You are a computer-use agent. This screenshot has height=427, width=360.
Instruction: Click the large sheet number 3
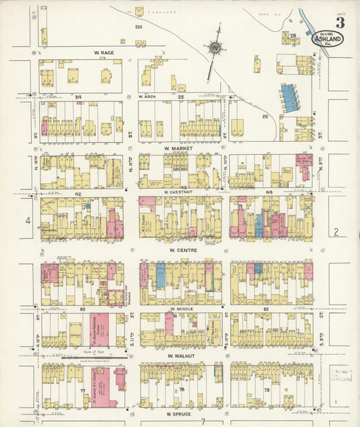(340, 22)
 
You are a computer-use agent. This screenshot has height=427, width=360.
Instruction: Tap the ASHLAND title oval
(326, 39)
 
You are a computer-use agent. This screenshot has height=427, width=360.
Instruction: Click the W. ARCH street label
(147, 96)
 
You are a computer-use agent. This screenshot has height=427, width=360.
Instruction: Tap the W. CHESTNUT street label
(179, 192)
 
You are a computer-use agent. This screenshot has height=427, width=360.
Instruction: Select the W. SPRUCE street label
(178, 412)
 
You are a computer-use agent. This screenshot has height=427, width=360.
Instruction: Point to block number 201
(138, 27)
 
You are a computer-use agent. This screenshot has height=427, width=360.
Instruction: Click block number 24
(78, 97)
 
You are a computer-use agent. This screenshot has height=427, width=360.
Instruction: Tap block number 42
(78, 193)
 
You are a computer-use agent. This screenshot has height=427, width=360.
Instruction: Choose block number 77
(82, 391)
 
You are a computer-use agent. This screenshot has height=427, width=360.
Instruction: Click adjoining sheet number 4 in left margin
(28, 220)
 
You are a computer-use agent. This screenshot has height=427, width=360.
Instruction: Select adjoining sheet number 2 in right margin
(336, 232)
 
